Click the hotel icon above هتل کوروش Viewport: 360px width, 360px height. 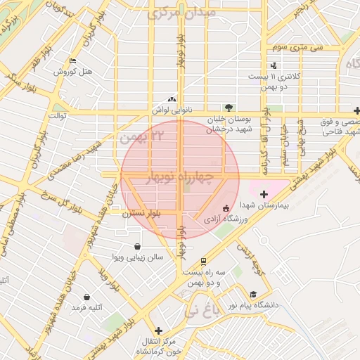tap(72, 61)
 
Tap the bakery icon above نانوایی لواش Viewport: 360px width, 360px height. tap(172, 100)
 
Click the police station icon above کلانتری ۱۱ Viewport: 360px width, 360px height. tap(274, 65)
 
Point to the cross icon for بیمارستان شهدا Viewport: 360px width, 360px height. tap(264, 194)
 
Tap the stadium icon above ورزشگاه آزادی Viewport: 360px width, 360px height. tap(226, 208)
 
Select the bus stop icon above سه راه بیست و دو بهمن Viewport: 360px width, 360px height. tap(204, 259)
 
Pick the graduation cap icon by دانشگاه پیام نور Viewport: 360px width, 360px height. tap(253, 295)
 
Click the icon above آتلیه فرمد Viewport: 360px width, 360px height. tap(86, 297)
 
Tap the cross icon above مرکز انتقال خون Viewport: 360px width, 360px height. tap(158, 330)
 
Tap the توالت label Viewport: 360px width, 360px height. tap(56, 114)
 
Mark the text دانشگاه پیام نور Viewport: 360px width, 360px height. tap(280, 305)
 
